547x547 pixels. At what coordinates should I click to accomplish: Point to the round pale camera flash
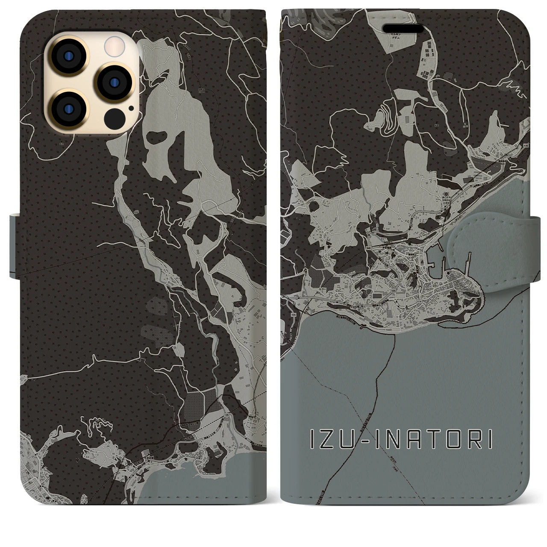(x=113, y=44)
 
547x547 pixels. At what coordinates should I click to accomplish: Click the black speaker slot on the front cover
(x=406, y=29)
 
